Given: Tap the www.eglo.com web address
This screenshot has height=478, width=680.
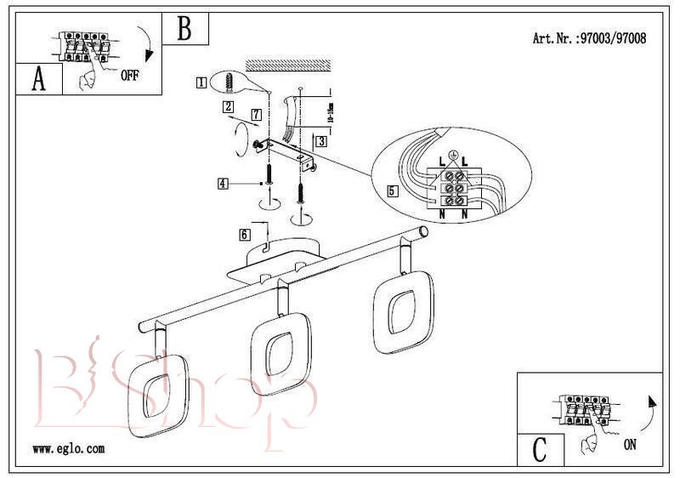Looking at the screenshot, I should tap(68, 448).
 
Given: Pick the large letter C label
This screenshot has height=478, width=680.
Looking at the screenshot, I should tap(539, 447).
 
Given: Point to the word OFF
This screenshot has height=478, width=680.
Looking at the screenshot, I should tap(129, 76).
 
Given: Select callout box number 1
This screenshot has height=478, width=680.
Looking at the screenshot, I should tap(201, 83).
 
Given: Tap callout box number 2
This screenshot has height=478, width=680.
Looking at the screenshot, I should tap(228, 107).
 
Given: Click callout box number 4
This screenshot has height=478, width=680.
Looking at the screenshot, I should tap(223, 183).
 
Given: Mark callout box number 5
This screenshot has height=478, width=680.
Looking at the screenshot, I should tap(392, 191).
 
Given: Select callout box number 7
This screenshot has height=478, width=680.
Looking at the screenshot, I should tap(256, 113).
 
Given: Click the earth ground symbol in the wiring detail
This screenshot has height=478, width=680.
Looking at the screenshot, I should tap(453, 156).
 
